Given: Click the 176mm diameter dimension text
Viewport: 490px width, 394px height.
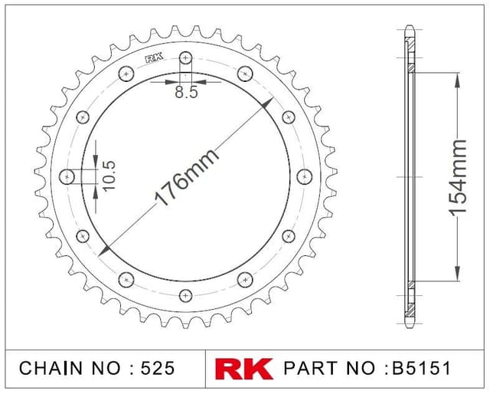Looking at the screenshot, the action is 187,177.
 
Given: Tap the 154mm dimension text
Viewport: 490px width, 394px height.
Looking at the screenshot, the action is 458,178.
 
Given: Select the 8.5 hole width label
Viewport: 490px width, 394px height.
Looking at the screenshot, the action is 186,92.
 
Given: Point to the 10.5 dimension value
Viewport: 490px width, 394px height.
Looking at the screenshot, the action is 109,176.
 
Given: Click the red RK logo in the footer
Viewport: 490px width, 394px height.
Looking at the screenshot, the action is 243,369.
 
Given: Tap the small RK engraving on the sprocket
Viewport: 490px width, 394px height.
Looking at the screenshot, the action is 155,58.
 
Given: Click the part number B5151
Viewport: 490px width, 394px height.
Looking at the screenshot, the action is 421,368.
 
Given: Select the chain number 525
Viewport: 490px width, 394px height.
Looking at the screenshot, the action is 158,368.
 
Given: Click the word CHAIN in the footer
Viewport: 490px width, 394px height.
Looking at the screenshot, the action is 51,368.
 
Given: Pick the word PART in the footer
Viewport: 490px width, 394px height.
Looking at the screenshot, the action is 310,368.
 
